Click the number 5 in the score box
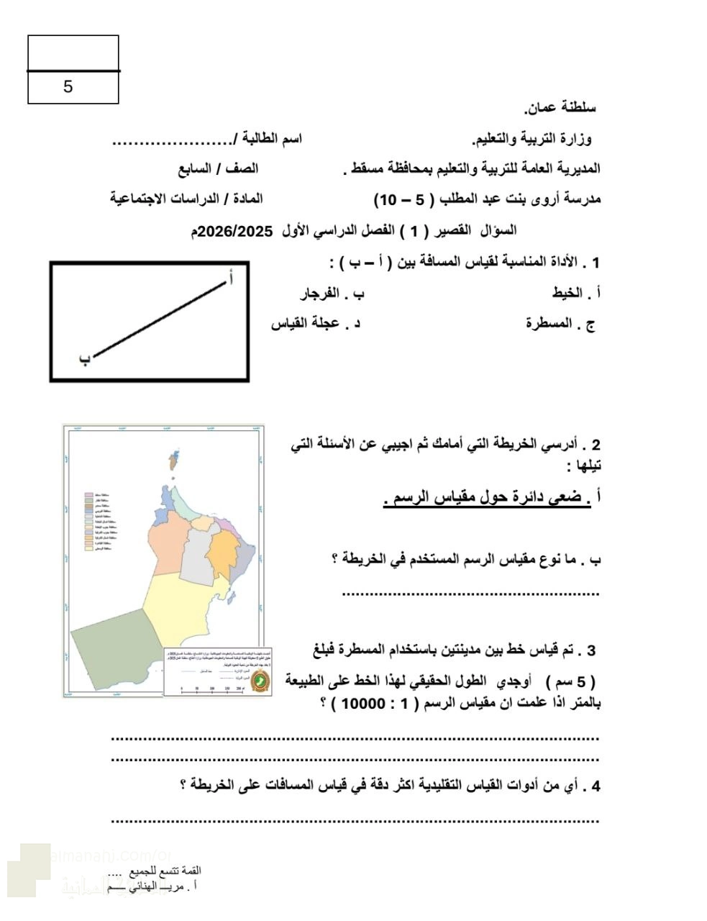click(x=68, y=87)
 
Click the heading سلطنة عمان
click(x=561, y=109)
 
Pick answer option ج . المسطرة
click(x=560, y=323)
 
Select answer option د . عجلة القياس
click(x=315, y=323)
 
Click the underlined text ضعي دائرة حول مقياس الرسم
click(x=486, y=498)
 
